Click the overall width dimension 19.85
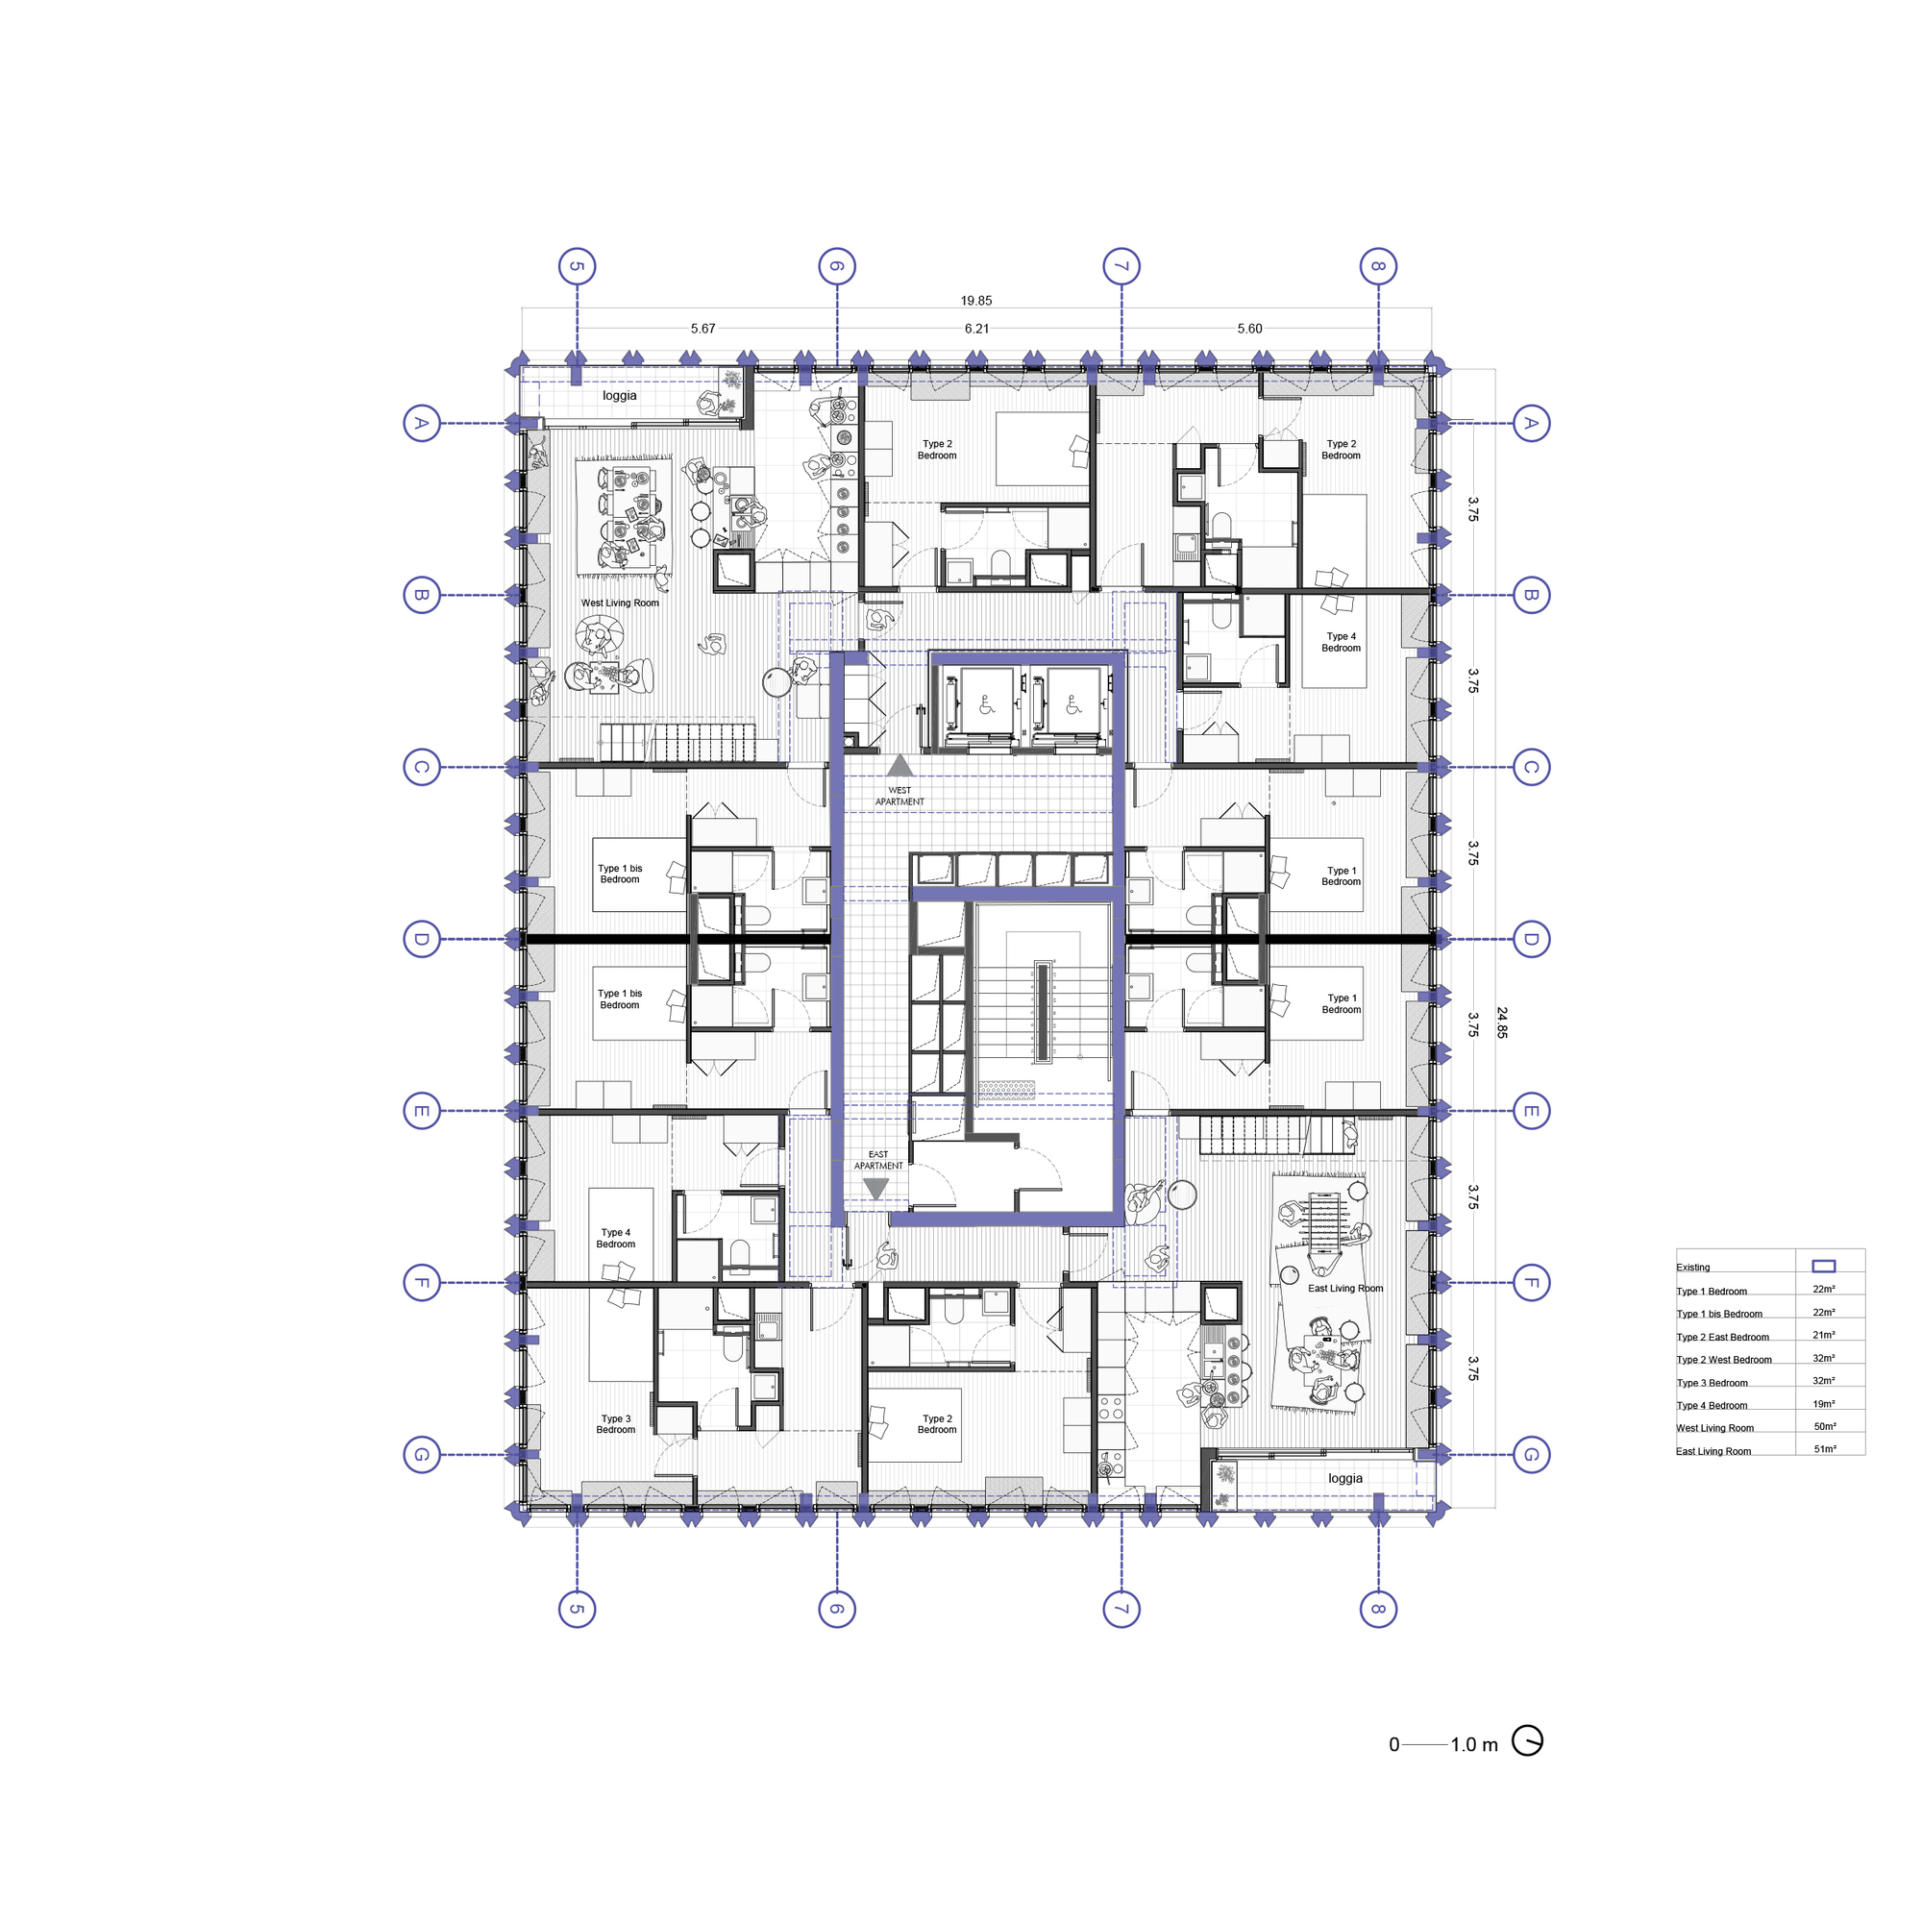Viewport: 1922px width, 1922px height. [x=976, y=301]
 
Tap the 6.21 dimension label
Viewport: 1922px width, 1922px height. [x=977, y=329]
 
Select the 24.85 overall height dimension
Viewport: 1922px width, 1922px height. [x=1501, y=1023]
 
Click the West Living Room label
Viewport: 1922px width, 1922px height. [x=620, y=603]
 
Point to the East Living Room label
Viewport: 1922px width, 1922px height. [x=1345, y=1289]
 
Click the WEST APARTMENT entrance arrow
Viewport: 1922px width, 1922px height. [x=899, y=765]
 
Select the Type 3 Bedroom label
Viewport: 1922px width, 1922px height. [x=616, y=1423]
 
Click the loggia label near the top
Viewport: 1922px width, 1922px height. [x=620, y=395]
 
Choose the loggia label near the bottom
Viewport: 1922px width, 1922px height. [x=1345, y=1478]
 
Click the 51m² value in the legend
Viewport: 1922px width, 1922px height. [x=1825, y=1449]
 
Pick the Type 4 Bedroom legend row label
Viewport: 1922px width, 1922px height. [x=1712, y=1406]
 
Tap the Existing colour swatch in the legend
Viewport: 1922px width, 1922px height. [x=1824, y=1267]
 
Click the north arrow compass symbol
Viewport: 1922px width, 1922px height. [x=1527, y=1741]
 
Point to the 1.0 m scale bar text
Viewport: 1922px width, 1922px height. [x=1473, y=1745]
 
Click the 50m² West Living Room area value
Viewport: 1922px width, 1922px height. [x=1825, y=1426]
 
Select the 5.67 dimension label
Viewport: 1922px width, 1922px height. [x=703, y=329]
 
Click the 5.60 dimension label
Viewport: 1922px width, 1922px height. [x=1249, y=329]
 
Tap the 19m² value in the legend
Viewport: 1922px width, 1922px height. [x=1824, y=1404]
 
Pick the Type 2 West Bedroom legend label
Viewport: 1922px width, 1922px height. [x=1723, y=1360]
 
